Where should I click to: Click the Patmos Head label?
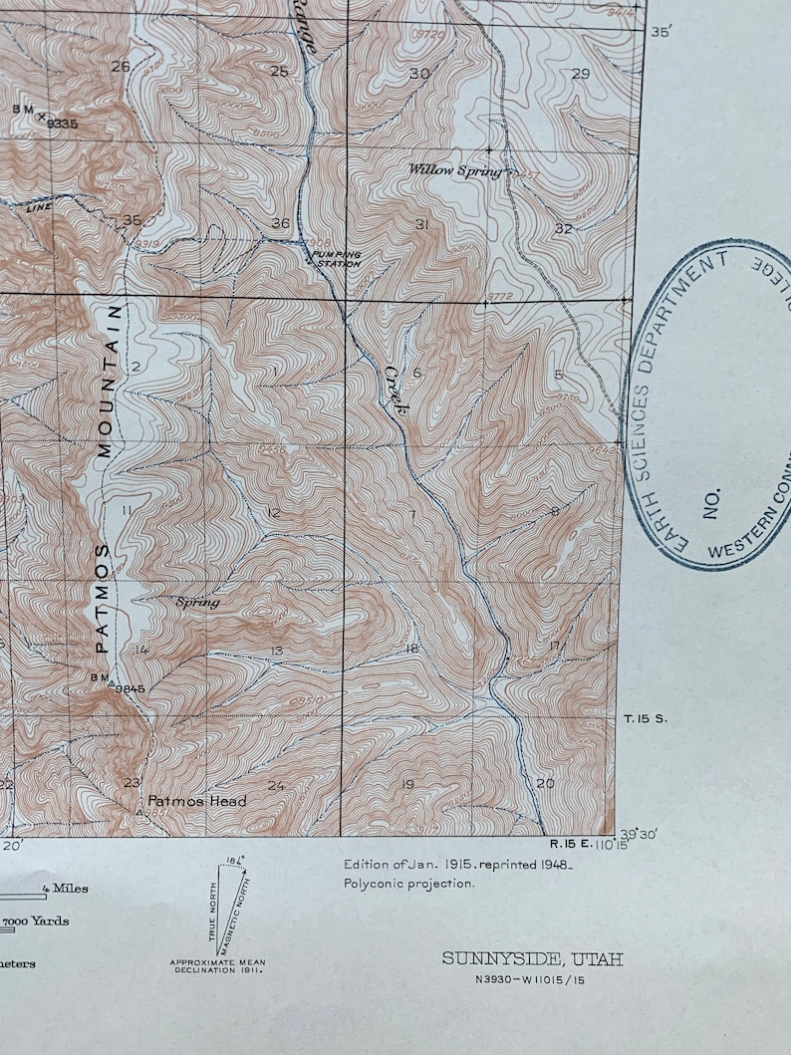click(196, 801)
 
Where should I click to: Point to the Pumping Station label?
click(335, 259)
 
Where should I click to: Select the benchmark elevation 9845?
click(131, 687)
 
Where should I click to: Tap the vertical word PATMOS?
click(102, 598)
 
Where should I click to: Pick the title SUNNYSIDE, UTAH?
click(533, 959)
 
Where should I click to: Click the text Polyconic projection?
click(409, 883)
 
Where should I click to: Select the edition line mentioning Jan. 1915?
click(458, 865)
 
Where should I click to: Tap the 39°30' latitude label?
click(639, 835)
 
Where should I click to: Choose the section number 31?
click(421, 225)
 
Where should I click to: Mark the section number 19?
click(406, 785)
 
